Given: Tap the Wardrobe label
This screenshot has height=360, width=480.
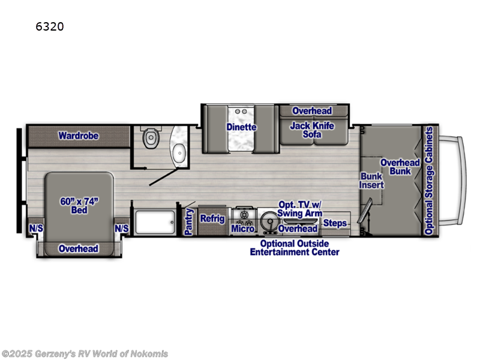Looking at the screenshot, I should (78, 136).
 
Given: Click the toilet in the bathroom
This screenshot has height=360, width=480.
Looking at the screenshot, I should (150, 139).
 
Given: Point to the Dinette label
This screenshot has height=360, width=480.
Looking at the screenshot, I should (241, 127).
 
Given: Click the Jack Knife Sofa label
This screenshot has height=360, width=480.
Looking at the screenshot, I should (312, 130).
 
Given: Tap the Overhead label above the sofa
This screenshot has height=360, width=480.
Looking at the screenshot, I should (312, 111).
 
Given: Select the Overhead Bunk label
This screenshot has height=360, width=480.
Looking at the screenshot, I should (400, 167).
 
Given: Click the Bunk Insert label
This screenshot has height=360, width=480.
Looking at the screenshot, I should (371, 181).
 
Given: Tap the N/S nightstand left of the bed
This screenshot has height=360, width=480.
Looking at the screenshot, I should (35, 228).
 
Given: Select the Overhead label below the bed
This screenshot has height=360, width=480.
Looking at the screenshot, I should (79, 248).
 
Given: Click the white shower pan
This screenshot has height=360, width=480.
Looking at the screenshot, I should (155, 223).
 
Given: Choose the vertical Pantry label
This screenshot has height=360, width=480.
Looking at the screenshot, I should (189, 221).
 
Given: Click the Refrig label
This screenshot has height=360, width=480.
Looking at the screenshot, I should (212, 219).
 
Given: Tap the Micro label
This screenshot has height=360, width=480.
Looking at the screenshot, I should (243, 229).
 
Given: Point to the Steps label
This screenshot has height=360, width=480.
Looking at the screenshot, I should (335, 224).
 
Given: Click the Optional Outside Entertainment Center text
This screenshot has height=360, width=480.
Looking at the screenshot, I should (295, 247).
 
